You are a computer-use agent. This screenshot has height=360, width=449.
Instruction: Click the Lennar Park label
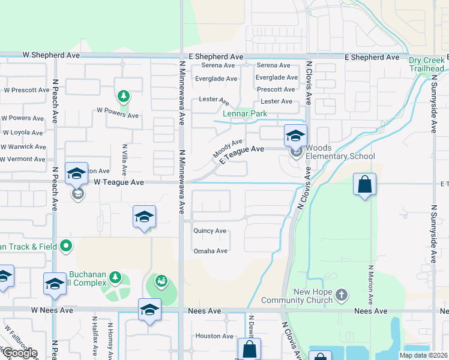(246, 113)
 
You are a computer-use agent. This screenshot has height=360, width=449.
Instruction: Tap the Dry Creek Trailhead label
(427, 64)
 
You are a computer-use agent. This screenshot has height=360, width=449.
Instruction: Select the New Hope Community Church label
(305, 296)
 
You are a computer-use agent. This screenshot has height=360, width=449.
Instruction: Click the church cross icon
(341, 295)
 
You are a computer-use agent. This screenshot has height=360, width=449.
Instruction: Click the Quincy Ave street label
(209, 230)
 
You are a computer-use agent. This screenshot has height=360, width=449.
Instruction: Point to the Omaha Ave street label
(210, 251)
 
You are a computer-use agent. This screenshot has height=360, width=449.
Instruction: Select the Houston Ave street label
(214, 336)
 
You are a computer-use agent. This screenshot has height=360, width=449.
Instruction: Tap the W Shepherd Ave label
(51, 55)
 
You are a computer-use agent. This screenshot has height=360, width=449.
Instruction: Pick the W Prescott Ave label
(26, 90)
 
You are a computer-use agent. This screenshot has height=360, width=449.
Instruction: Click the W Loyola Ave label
(23, 133)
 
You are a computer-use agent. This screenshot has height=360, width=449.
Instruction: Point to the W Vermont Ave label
(23, 159)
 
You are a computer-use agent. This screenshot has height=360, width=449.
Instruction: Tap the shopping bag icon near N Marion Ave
(365, 185)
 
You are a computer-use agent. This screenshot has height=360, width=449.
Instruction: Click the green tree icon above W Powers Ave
(123, 96)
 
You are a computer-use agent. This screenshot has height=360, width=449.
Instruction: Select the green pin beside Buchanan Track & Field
(66, 245)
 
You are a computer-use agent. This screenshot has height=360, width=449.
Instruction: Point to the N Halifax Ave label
(94, 337)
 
